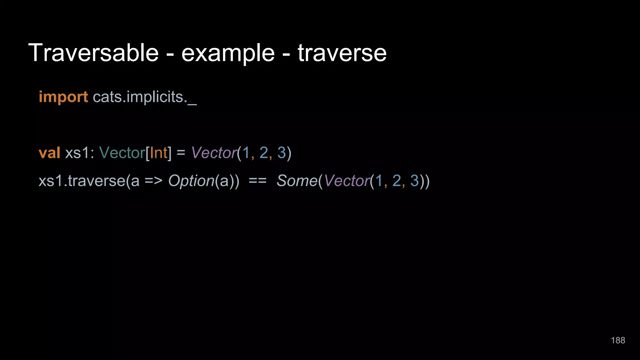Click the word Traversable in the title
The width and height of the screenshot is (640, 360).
(93, 53)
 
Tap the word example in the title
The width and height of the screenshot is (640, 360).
(228, 53)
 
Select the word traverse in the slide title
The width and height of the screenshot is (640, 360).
(342, 53)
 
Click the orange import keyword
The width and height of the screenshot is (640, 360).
(63, 97)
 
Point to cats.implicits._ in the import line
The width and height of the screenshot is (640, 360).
(145, 97)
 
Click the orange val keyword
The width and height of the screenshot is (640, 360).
(49, 153)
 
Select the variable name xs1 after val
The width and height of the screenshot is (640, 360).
(77, 153)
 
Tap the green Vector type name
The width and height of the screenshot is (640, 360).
(122, 153)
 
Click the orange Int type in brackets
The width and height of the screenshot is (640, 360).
(159, 153)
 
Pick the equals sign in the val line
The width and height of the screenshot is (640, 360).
(181, 153)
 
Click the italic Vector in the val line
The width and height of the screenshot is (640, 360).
(214, 153)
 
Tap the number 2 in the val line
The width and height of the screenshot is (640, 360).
(264, 153)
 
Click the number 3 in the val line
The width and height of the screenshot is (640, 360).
(282, 153)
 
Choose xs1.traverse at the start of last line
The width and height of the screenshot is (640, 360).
(82, 181)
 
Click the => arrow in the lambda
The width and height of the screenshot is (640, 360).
(153, 181)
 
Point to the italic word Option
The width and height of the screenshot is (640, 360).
(191, 181)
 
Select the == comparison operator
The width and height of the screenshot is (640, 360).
(257, 181)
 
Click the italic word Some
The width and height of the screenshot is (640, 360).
(297, 181)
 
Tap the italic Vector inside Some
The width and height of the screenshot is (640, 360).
(347, 181)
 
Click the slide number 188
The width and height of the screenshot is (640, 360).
(618, 340)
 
